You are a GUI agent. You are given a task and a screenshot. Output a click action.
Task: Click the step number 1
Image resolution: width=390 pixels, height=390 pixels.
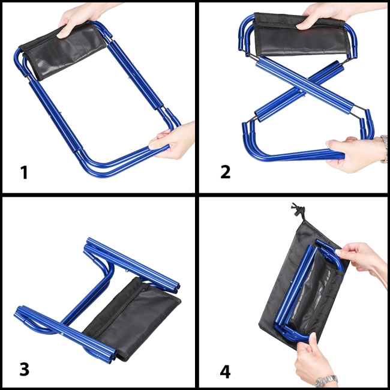[x=24, y=172]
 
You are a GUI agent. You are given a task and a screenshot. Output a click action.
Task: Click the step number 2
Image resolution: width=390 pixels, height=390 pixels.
[x=226, y=172]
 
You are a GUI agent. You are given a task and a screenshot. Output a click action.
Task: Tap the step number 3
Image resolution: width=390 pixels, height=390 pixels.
[x=25, y=369]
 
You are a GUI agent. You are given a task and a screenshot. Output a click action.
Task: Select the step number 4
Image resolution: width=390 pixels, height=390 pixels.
[x=225, y=372]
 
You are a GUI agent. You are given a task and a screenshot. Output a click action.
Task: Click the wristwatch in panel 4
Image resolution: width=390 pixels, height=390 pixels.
[x=327, y=380]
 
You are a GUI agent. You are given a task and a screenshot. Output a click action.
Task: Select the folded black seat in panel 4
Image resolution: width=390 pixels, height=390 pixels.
[x=316, y=291]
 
